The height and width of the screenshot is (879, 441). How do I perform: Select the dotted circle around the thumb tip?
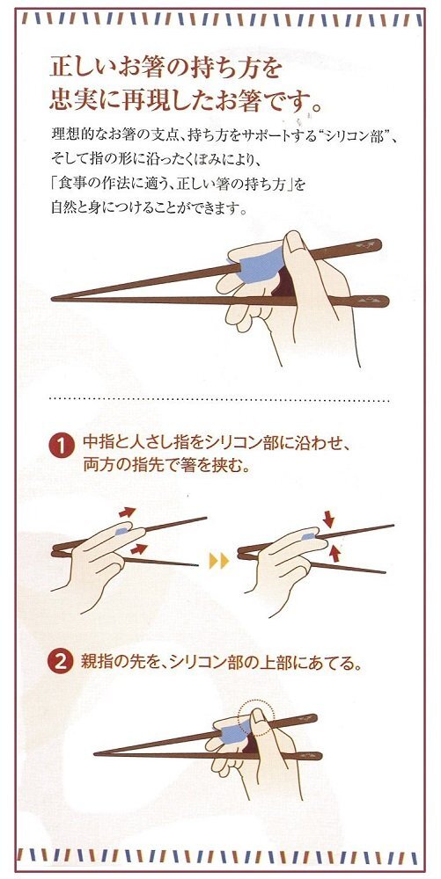(256, 716)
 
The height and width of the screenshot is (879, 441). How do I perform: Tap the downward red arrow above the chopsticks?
(328, 519)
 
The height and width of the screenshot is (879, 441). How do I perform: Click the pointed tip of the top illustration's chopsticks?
(52, 299)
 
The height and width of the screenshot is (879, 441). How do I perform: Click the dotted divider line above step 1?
(219, 399)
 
